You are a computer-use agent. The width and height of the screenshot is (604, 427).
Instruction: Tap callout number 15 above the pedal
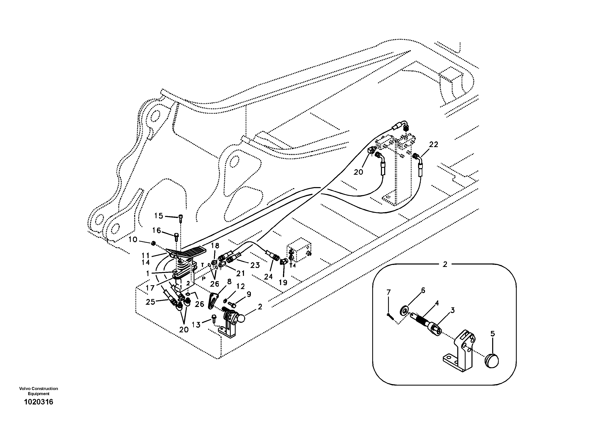coord(159,216)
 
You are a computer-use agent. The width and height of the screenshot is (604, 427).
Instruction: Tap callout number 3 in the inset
coord(452,310)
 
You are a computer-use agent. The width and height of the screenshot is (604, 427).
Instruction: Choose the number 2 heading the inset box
coord(445,264)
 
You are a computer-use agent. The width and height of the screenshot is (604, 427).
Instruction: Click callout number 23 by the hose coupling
coord(255,265)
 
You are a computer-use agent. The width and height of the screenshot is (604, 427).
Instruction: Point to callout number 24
coord(268,276)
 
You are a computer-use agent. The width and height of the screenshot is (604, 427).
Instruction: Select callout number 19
coord(283,283)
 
